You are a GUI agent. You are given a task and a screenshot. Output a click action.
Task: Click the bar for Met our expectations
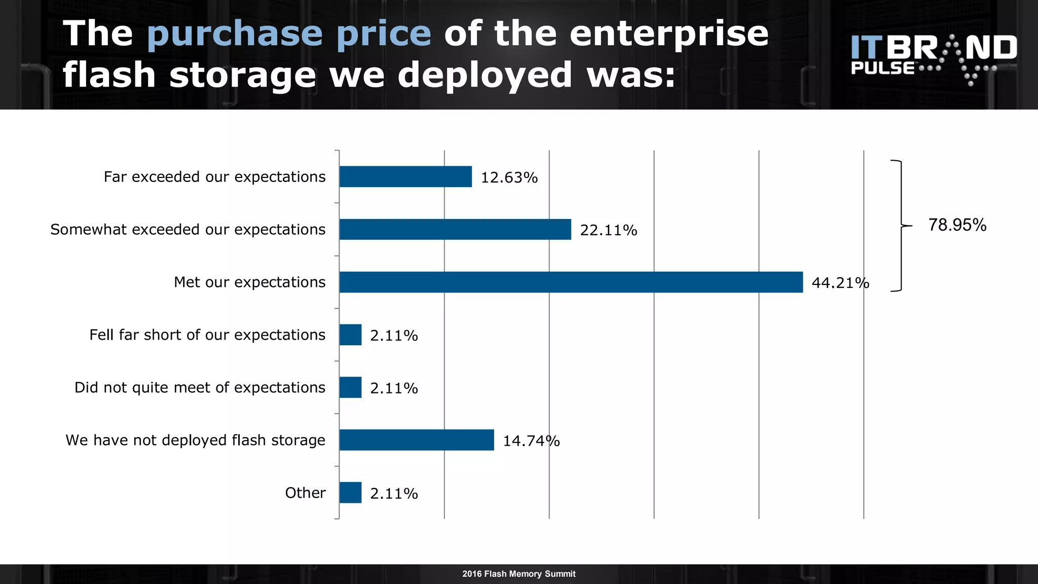point(571,282)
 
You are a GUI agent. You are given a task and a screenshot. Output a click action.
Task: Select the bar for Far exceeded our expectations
point(405,176)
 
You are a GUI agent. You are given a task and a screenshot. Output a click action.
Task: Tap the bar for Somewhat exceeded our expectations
point(455,229)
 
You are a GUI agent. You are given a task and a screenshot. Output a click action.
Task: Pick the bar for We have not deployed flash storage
point(417,440)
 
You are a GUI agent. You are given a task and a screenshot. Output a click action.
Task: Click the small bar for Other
point(350,493)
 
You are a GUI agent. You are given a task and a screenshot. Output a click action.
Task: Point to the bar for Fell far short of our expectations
point(350,335)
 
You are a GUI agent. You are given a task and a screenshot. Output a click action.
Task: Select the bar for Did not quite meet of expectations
point(350,387)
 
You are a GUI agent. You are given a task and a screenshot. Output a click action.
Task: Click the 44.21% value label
point(840,283)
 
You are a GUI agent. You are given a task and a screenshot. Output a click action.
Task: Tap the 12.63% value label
point(509,177)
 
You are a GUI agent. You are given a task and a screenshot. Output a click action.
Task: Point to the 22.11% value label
point(608,230)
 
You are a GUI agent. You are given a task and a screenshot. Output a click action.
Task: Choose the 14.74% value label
point(531,441)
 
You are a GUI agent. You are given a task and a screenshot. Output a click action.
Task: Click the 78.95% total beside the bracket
point(957,225)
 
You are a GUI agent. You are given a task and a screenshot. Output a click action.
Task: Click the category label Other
point(305,493)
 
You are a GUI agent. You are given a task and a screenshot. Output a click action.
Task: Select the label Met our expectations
point(249,282)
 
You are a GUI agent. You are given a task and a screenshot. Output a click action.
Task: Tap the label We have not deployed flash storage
point(195,440)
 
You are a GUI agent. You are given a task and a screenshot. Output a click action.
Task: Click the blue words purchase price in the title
point(289,34)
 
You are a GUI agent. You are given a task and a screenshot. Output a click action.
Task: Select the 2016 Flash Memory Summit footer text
point(518,574)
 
